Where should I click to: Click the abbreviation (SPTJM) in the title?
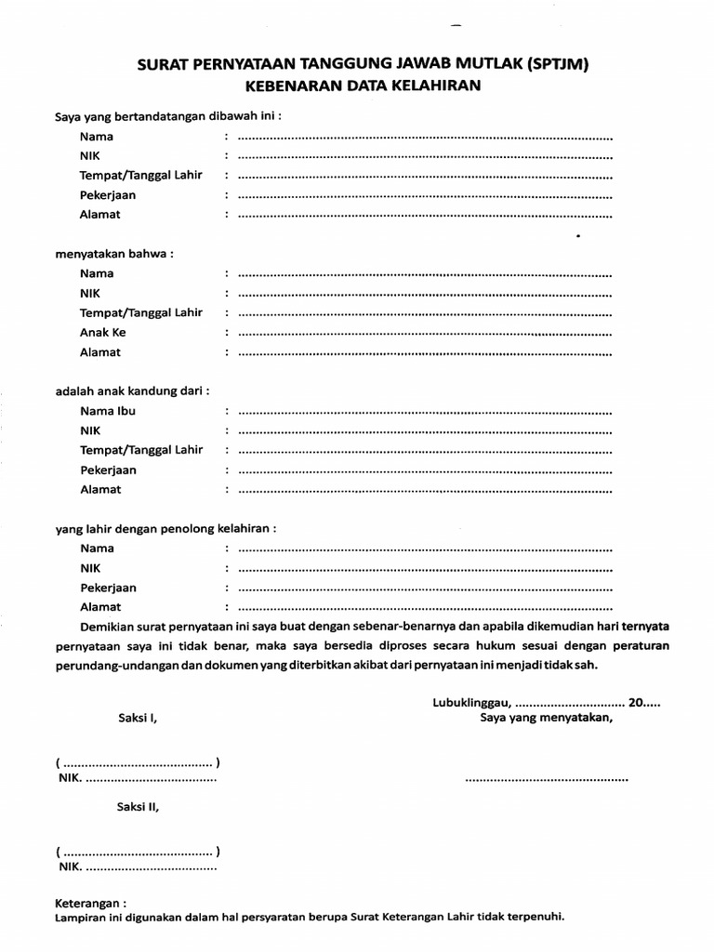(x=546, y=64)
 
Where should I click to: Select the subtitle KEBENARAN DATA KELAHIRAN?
(x=363, y=86)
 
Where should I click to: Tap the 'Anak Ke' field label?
(x=102, y=333)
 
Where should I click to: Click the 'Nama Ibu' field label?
(x=108, y=411)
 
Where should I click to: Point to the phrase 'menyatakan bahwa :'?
(x=114, y=253)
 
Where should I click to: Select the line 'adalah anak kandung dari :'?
(x=132, y=390)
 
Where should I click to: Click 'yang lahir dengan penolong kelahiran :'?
(x=165, y=528)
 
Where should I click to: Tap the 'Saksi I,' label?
(x=138, y=718)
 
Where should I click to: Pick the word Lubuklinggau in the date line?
(x=470, y=703)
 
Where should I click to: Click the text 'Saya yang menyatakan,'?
(x=546, y=718)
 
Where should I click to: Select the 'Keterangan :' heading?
(x=90, y=903)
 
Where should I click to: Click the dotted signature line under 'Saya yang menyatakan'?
(x=546, y=778)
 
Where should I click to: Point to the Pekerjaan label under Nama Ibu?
(x=108, y=470)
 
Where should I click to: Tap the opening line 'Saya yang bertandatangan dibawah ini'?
(x=167, y=116)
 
